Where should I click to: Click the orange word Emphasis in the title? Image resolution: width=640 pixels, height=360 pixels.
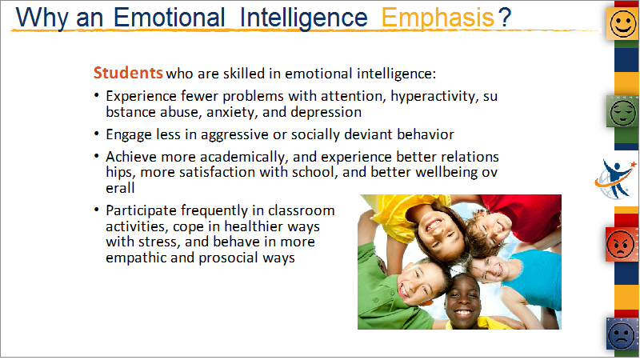click(x=438, y=18)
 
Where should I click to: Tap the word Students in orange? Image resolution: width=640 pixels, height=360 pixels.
click(x=128, y=73)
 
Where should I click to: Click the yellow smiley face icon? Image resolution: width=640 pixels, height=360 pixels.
click(x=622, y=24)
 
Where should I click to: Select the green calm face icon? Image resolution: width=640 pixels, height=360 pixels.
click(x=622, y=111)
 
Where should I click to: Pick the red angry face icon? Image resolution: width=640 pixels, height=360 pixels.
click(x=622, y=244)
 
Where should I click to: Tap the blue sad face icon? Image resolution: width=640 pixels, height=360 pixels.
click(x=622, y=334)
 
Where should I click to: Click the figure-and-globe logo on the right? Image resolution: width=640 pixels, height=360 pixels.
click(x=615, y=179)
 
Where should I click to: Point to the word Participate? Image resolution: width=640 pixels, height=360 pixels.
click(x=142, y=210)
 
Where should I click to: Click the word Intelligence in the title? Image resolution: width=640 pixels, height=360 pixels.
click(x=304, y=18)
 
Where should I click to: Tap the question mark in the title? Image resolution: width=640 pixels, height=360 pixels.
click(x=505, y=18)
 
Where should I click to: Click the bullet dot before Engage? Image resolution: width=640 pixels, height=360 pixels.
click(x=96, y=134)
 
